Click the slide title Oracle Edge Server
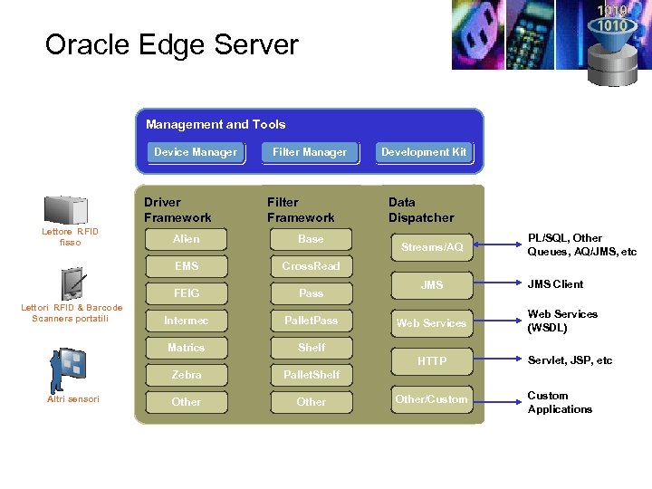coord(171,45)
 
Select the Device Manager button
coord(196,152)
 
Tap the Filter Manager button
coord(310,152)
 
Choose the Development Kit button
coord(424,152)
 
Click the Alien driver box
coord(187,239)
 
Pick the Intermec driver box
coord(187,321)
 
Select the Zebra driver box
coord(187,375)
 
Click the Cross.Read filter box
coord(311,266)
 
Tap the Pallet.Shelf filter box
coord(311,375)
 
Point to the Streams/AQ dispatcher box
coord(432,247)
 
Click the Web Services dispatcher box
coord(432,323)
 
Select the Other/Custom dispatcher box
coord(432,399)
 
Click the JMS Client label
coord(555,284)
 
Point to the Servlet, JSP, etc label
coord(570,360)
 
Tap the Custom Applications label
coord(560,402)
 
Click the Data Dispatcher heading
coord(421,210)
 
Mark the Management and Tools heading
coord(216,125)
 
